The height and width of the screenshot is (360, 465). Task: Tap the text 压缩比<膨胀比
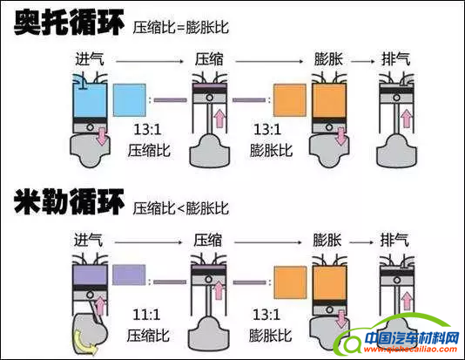pos(181,209)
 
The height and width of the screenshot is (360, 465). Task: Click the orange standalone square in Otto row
pos(290,100)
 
